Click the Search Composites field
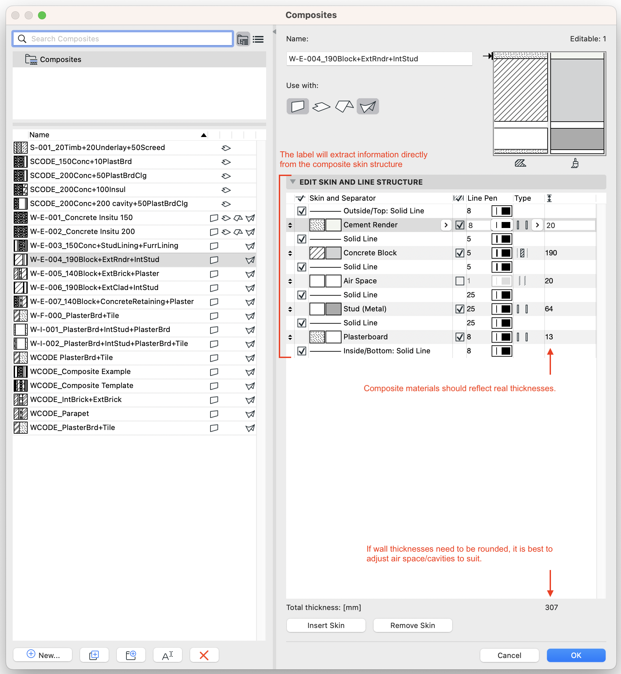[128, 39]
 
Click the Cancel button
[509, 655]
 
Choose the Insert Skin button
[326, 625]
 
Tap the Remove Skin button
[412, 625]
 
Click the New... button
[43, 655]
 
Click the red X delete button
[204, 655]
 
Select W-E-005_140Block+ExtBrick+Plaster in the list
[94, 273]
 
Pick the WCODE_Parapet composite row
[59, 413]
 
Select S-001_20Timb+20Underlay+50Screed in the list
[97, 147]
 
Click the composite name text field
[379, 59]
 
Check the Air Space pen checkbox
[459, 281]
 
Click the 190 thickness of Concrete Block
[551, 253]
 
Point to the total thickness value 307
[551, 607]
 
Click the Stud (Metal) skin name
[365, 309]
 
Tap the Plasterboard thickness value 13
[549, 337]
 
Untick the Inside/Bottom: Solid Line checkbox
[301, 351]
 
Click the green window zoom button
[42, 15]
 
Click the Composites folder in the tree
[60, 59]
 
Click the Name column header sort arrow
[204, 135]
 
